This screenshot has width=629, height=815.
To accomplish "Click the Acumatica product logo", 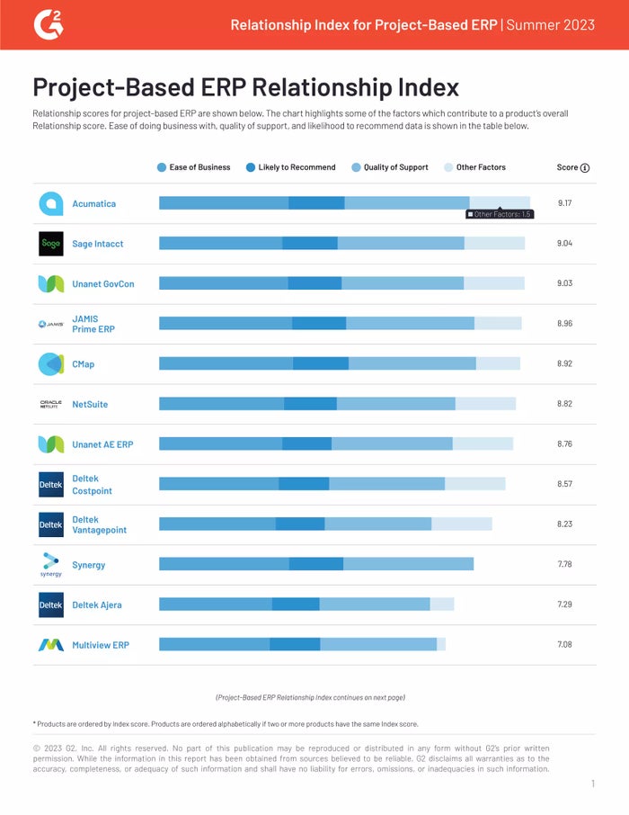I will (51, 204).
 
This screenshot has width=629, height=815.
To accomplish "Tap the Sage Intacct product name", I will (98, 244).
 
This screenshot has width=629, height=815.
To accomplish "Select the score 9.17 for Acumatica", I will (564, 203).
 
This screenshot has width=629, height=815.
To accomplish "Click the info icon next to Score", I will (585, 167).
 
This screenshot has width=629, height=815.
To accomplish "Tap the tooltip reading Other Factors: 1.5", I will (500, 214).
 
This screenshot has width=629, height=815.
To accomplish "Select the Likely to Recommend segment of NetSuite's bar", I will (310, 404).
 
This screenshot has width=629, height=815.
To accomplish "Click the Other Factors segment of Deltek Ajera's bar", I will (441, 605).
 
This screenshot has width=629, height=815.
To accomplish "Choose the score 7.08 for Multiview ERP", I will (564, 644).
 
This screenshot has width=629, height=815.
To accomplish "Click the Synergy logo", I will (51, 565).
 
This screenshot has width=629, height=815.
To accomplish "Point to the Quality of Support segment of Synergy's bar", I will (408, 564).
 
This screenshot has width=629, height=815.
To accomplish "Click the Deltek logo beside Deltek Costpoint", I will (51, 485).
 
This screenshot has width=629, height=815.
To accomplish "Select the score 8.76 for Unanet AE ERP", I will (564, 443).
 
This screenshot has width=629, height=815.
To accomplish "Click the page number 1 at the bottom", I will (593, 784).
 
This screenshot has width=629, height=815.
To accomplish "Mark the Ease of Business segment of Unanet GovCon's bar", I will (223, 283).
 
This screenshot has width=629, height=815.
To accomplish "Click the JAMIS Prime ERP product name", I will (93, 324).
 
